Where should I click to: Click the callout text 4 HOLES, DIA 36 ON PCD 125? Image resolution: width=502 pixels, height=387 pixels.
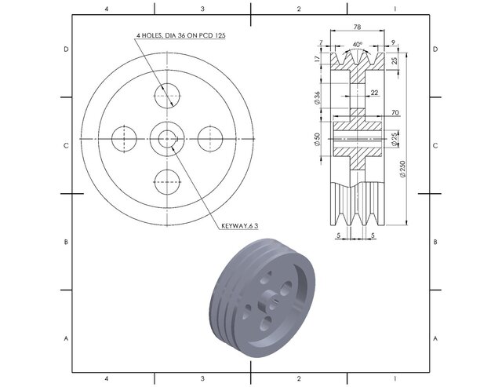[x=181, y=36]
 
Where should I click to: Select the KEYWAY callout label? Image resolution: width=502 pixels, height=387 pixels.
[x=239, y=225]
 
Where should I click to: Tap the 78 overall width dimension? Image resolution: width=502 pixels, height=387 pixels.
[x=357, y=27]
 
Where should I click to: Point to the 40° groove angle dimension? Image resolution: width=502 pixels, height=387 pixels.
[x=358, y=45]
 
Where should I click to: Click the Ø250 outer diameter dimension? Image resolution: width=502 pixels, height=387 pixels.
[x=402, y=168]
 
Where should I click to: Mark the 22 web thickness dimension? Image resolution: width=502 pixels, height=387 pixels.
[x=373, y=93]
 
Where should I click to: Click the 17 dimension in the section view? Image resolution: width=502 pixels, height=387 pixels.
[x=317, y=60]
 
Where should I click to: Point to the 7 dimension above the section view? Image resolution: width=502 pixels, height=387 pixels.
[x=322, y=42]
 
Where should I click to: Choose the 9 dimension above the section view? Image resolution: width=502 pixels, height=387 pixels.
[x=391, y=42]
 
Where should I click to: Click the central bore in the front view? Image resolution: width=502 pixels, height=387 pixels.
[x=167, y=138]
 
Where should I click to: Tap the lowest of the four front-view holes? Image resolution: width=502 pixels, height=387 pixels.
[x=168, y=182]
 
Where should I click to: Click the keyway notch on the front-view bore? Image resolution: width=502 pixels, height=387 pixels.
[x=176, y=139]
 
